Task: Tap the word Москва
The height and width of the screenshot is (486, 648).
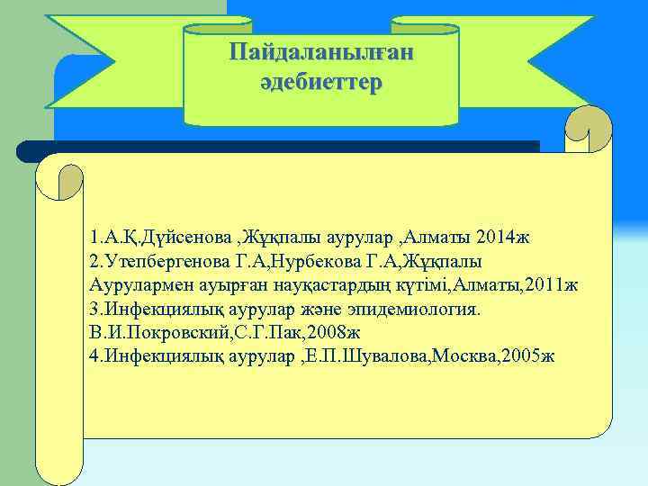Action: click(x=463, y=356)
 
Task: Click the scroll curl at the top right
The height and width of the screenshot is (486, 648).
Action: click(x=589, y=130)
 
